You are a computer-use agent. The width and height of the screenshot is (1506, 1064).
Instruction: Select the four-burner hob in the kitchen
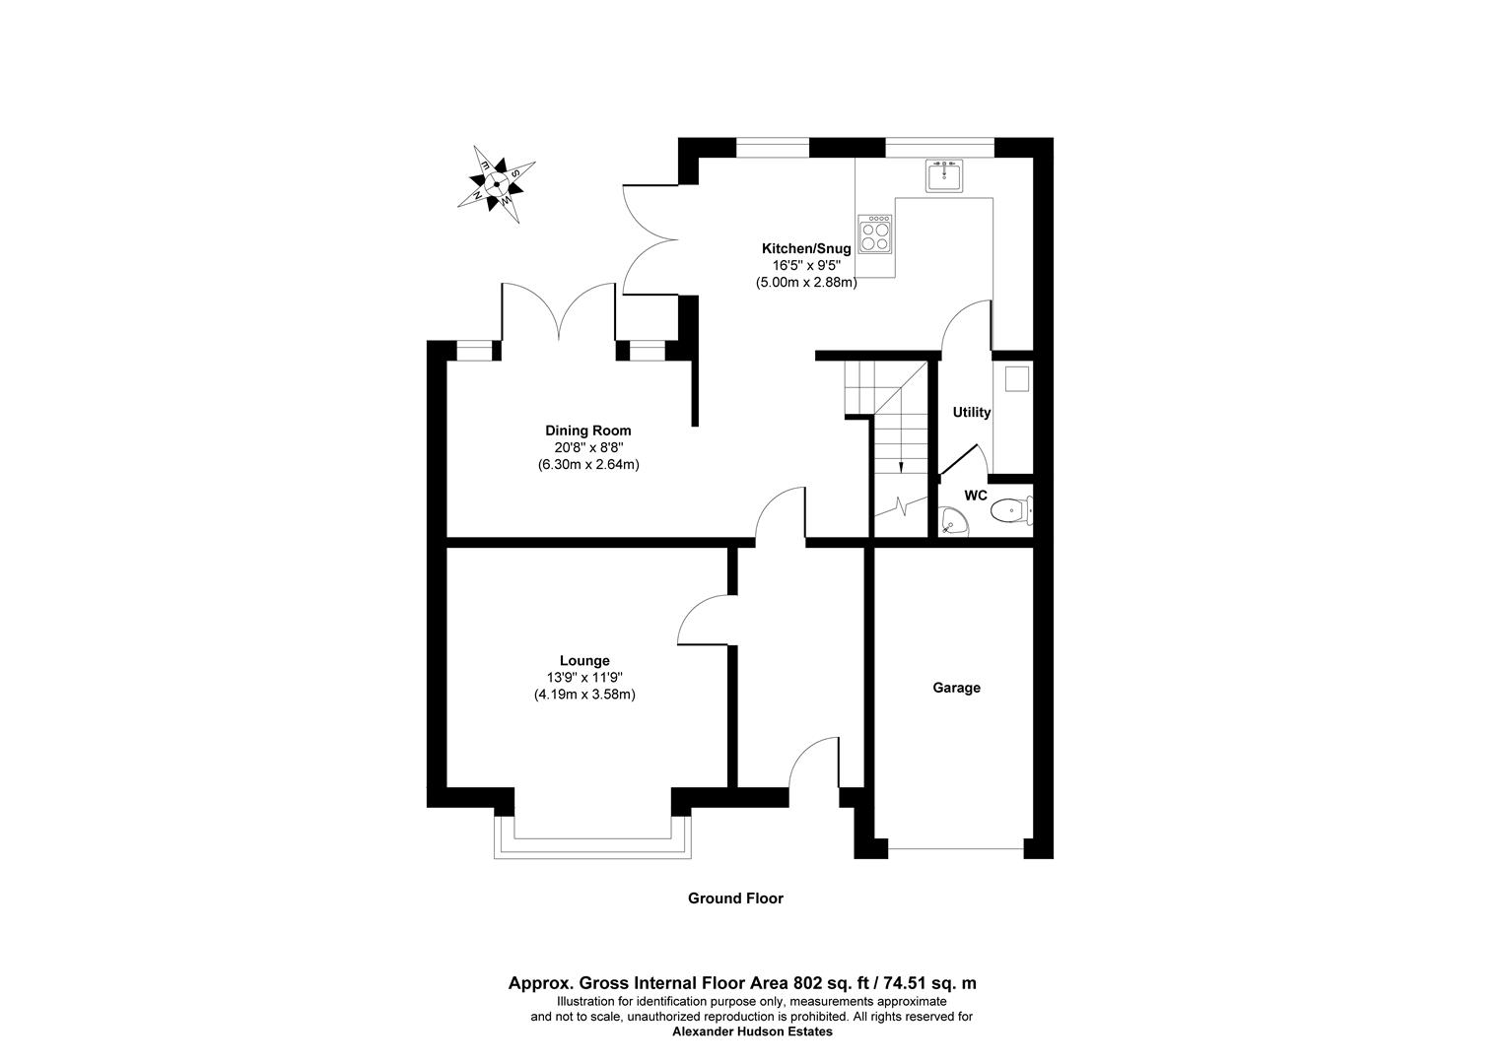click(874, 233)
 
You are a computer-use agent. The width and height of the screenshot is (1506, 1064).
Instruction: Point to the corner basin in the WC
click(952, 522)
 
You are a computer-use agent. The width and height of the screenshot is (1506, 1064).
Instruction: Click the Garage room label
click(956, 688)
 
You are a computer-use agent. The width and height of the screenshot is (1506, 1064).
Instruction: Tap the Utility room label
click(971, 413)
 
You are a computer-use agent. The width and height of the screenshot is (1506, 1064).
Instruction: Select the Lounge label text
click(584, 661)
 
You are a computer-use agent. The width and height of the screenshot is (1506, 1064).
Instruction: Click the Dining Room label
click(588, 431)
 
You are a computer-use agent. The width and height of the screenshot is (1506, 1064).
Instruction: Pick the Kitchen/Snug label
click(805, 248)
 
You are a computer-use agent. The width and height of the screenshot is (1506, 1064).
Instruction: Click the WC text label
click(975, 496)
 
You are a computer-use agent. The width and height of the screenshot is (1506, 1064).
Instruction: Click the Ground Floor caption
click(735, 898)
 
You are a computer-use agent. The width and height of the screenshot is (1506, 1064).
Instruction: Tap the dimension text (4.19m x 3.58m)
click(584, 695)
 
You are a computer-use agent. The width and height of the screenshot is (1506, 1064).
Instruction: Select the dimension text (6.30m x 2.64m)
click(588, 464)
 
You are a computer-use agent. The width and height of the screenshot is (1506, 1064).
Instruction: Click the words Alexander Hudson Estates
click(752, 1032)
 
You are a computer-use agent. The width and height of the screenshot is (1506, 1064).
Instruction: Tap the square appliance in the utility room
click(1014, 377)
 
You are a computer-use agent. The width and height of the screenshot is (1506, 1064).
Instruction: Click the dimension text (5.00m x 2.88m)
click(806, 283)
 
